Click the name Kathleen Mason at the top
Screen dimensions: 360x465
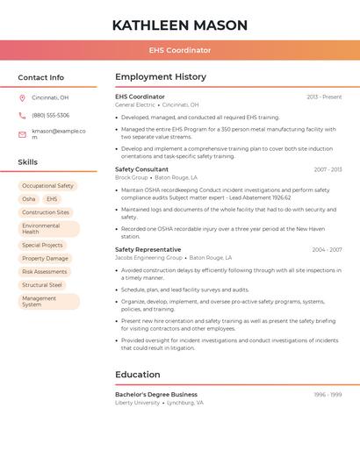coord(179,25)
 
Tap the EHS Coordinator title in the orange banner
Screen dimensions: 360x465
coord(179,50)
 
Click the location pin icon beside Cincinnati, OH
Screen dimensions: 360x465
coord(22,97)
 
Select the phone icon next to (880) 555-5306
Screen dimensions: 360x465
coord(22,115)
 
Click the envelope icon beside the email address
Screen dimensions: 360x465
coord(22,134)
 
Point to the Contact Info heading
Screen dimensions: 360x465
coord(40,77)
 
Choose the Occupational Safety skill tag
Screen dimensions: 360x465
coord(47,186)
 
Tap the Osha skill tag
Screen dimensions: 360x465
coord(29,199)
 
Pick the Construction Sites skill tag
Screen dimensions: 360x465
coord(46,212)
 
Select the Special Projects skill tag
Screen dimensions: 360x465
coord(42,245)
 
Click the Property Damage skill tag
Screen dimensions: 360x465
coord(45,258)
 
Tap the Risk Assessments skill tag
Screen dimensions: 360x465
coord(45,271)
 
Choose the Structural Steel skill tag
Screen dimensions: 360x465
coord(42,284)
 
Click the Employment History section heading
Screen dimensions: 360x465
coord(160,77)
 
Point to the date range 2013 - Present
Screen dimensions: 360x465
coord(324,97)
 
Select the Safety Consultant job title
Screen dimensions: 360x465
coord(141,169)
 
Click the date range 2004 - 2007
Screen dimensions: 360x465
coord(327,250)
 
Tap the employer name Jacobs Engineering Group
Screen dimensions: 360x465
coord(148,258)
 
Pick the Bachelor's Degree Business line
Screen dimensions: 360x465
coord(156,395)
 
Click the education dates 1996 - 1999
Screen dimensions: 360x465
coord(328,395)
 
